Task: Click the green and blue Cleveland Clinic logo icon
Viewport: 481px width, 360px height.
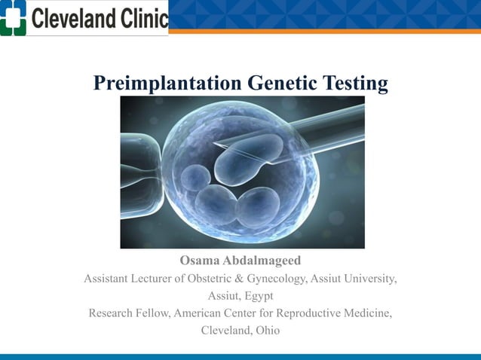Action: [x=14, y=17]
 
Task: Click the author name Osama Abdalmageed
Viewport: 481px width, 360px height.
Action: [x=240, y=261]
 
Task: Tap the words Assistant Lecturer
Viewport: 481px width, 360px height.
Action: [x=126, y=279]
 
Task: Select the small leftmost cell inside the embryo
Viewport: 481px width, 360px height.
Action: [x=195, y=178]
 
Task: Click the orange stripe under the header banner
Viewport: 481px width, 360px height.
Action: [x=324, y=32]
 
